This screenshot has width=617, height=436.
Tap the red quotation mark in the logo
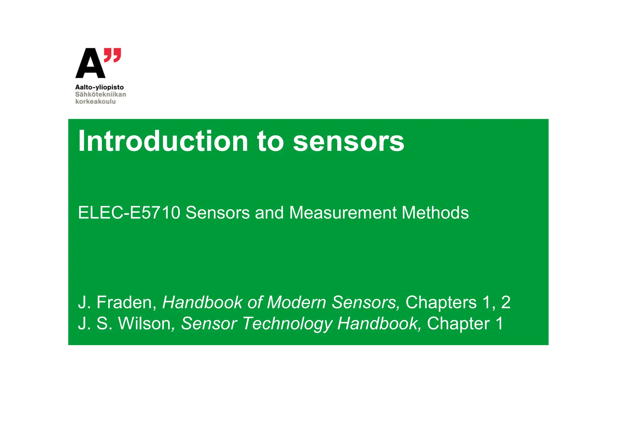(x=113, y=55)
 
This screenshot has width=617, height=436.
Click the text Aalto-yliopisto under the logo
(x=99, y=87)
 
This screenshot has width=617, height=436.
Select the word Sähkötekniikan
(x=101, y=95)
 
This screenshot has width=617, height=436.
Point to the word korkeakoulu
(x=96, y=102)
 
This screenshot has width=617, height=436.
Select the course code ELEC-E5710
(x=129, y=213)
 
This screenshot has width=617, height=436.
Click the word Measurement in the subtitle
(x=343, y=213)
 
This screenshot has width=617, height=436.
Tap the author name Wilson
(x=145, y=324)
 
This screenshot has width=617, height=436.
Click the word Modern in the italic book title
(x=296, y=302)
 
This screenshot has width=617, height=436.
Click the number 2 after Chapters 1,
(x=506, y=302)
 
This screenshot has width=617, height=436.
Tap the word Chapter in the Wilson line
(x=458, y=324)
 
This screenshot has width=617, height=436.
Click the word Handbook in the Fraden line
(x=202, y=302)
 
